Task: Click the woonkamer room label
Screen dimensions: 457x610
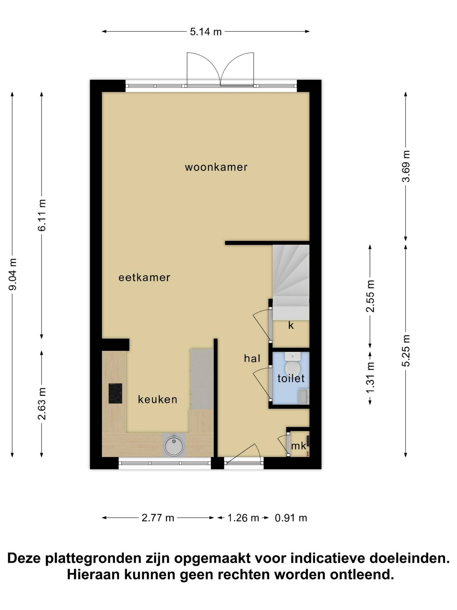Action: [x=216, y=167]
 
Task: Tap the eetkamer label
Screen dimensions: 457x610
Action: [x=144, y=277]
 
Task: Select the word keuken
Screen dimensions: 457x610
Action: [x=158, y=399]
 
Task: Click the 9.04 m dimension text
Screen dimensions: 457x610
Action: [x=13, y=274]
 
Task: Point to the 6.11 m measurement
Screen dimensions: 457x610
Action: [x=42, y=215]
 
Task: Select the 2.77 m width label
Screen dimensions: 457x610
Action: [x=158, y=518]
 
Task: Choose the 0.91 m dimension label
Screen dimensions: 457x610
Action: [x=291, y=518]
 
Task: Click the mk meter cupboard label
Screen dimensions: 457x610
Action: [x=299, y=446]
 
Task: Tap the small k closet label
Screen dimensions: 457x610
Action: [x=291, y=326]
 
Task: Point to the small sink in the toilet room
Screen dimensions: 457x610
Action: [x=304, y=397]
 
